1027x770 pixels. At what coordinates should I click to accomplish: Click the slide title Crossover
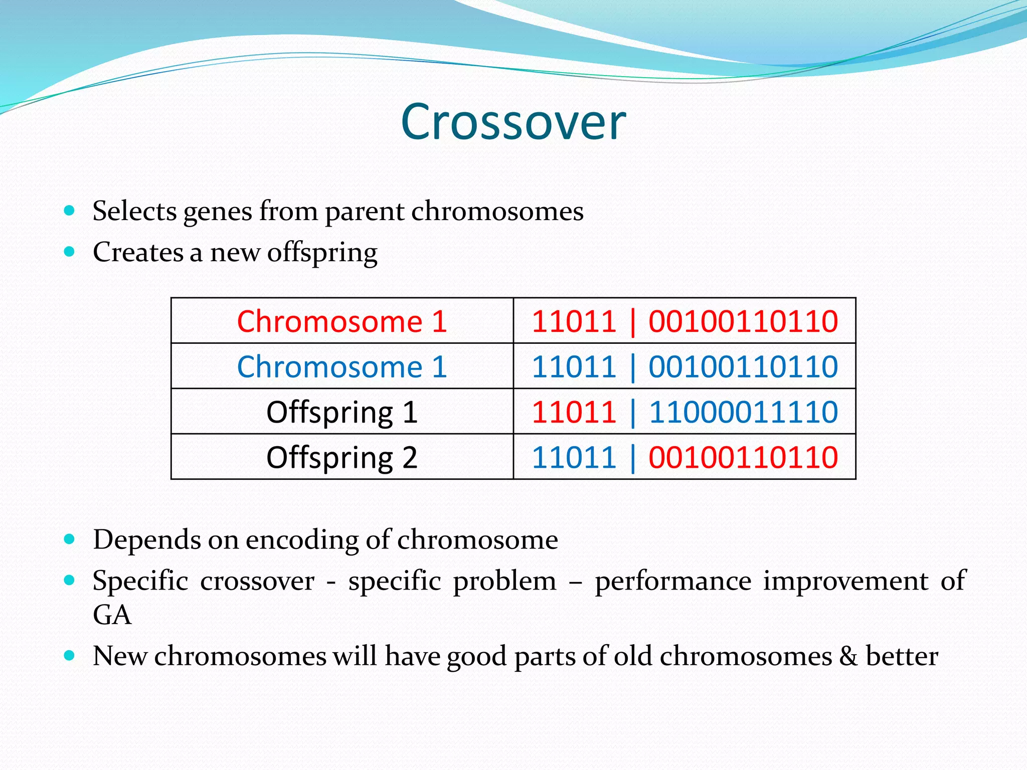click(x=513, y=122)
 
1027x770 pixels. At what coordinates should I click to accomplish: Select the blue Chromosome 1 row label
click(x=342, y=366)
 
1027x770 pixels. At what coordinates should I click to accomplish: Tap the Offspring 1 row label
click(x=342, y=412)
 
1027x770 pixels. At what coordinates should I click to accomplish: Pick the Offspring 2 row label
click(x=342, y=457)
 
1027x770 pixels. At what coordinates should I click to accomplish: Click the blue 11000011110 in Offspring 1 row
click(x=743, y=412)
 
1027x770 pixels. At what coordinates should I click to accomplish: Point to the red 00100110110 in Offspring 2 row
click(x=743, y=457)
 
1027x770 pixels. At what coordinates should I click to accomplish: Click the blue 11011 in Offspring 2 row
click(x=574, y=457)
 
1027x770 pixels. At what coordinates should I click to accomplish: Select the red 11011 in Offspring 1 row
click(x=574, y=412)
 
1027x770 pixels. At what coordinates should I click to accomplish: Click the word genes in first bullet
click(x=218, y=212)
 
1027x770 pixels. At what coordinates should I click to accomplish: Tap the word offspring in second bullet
click(x=322, y=253)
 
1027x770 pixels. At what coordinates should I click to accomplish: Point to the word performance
click(x=673, y=582)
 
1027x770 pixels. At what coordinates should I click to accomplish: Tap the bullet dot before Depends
click(x=70, y=539)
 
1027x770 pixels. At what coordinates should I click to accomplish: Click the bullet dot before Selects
click(x=70, y=210)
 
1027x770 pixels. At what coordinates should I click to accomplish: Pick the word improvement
click(x=846, y=582)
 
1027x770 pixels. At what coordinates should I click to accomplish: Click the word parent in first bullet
click(x=365, y=212)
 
